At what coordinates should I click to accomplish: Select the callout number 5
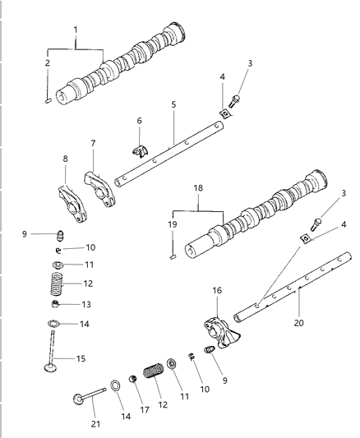coord(174,105)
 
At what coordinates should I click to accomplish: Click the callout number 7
coord(94,143)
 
